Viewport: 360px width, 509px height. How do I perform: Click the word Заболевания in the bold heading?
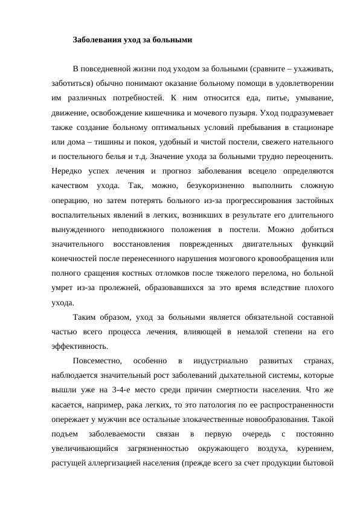96,40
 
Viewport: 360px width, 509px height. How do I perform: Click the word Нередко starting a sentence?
66,172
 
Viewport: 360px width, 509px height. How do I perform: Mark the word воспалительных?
80,215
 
